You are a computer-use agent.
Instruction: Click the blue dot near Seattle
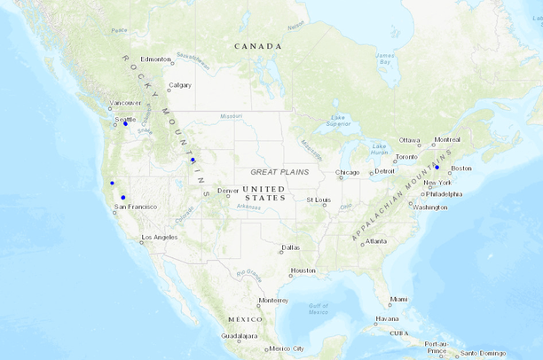125,123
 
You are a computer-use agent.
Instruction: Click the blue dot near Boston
437,167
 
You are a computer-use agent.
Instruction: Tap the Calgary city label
180,85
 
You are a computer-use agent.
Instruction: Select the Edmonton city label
155,59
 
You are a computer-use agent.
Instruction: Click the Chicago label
348,172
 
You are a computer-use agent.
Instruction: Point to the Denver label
227,191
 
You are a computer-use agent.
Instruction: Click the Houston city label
303,270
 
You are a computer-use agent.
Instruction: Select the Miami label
398,299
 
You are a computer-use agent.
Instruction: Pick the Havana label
387,318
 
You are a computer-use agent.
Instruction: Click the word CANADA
257,46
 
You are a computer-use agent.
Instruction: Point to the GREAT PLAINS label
279,172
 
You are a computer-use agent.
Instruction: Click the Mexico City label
286,348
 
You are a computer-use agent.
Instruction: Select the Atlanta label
375,241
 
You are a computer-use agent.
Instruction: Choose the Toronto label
405,157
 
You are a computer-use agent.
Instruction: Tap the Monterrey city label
273,300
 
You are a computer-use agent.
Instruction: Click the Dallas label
290,247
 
